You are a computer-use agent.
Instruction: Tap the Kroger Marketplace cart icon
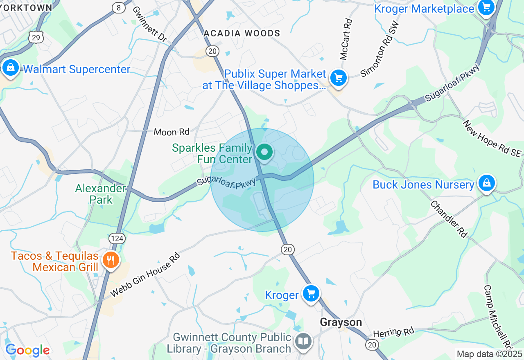(x=486, y=7)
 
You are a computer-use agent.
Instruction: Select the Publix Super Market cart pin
(x=338, y=77)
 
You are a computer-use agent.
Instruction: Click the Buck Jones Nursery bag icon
(x=486, y=183)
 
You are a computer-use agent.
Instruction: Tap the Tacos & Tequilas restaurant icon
(x=110, y=260)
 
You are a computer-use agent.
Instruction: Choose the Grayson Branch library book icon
(x=303, y=341)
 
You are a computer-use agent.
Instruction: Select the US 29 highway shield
(x=36, y=37)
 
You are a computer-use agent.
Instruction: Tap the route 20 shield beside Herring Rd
(x=372, y=345)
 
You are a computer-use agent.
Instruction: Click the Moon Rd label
(x=172, y=132)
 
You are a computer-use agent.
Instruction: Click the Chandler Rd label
(x=449, y=219)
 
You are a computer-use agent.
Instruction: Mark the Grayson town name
(x=341, y=322)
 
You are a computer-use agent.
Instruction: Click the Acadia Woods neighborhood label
(x=242, y=33)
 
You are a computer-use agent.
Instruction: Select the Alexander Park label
(x=100, y=194)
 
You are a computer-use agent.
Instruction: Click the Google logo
(x=27, y=350)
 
